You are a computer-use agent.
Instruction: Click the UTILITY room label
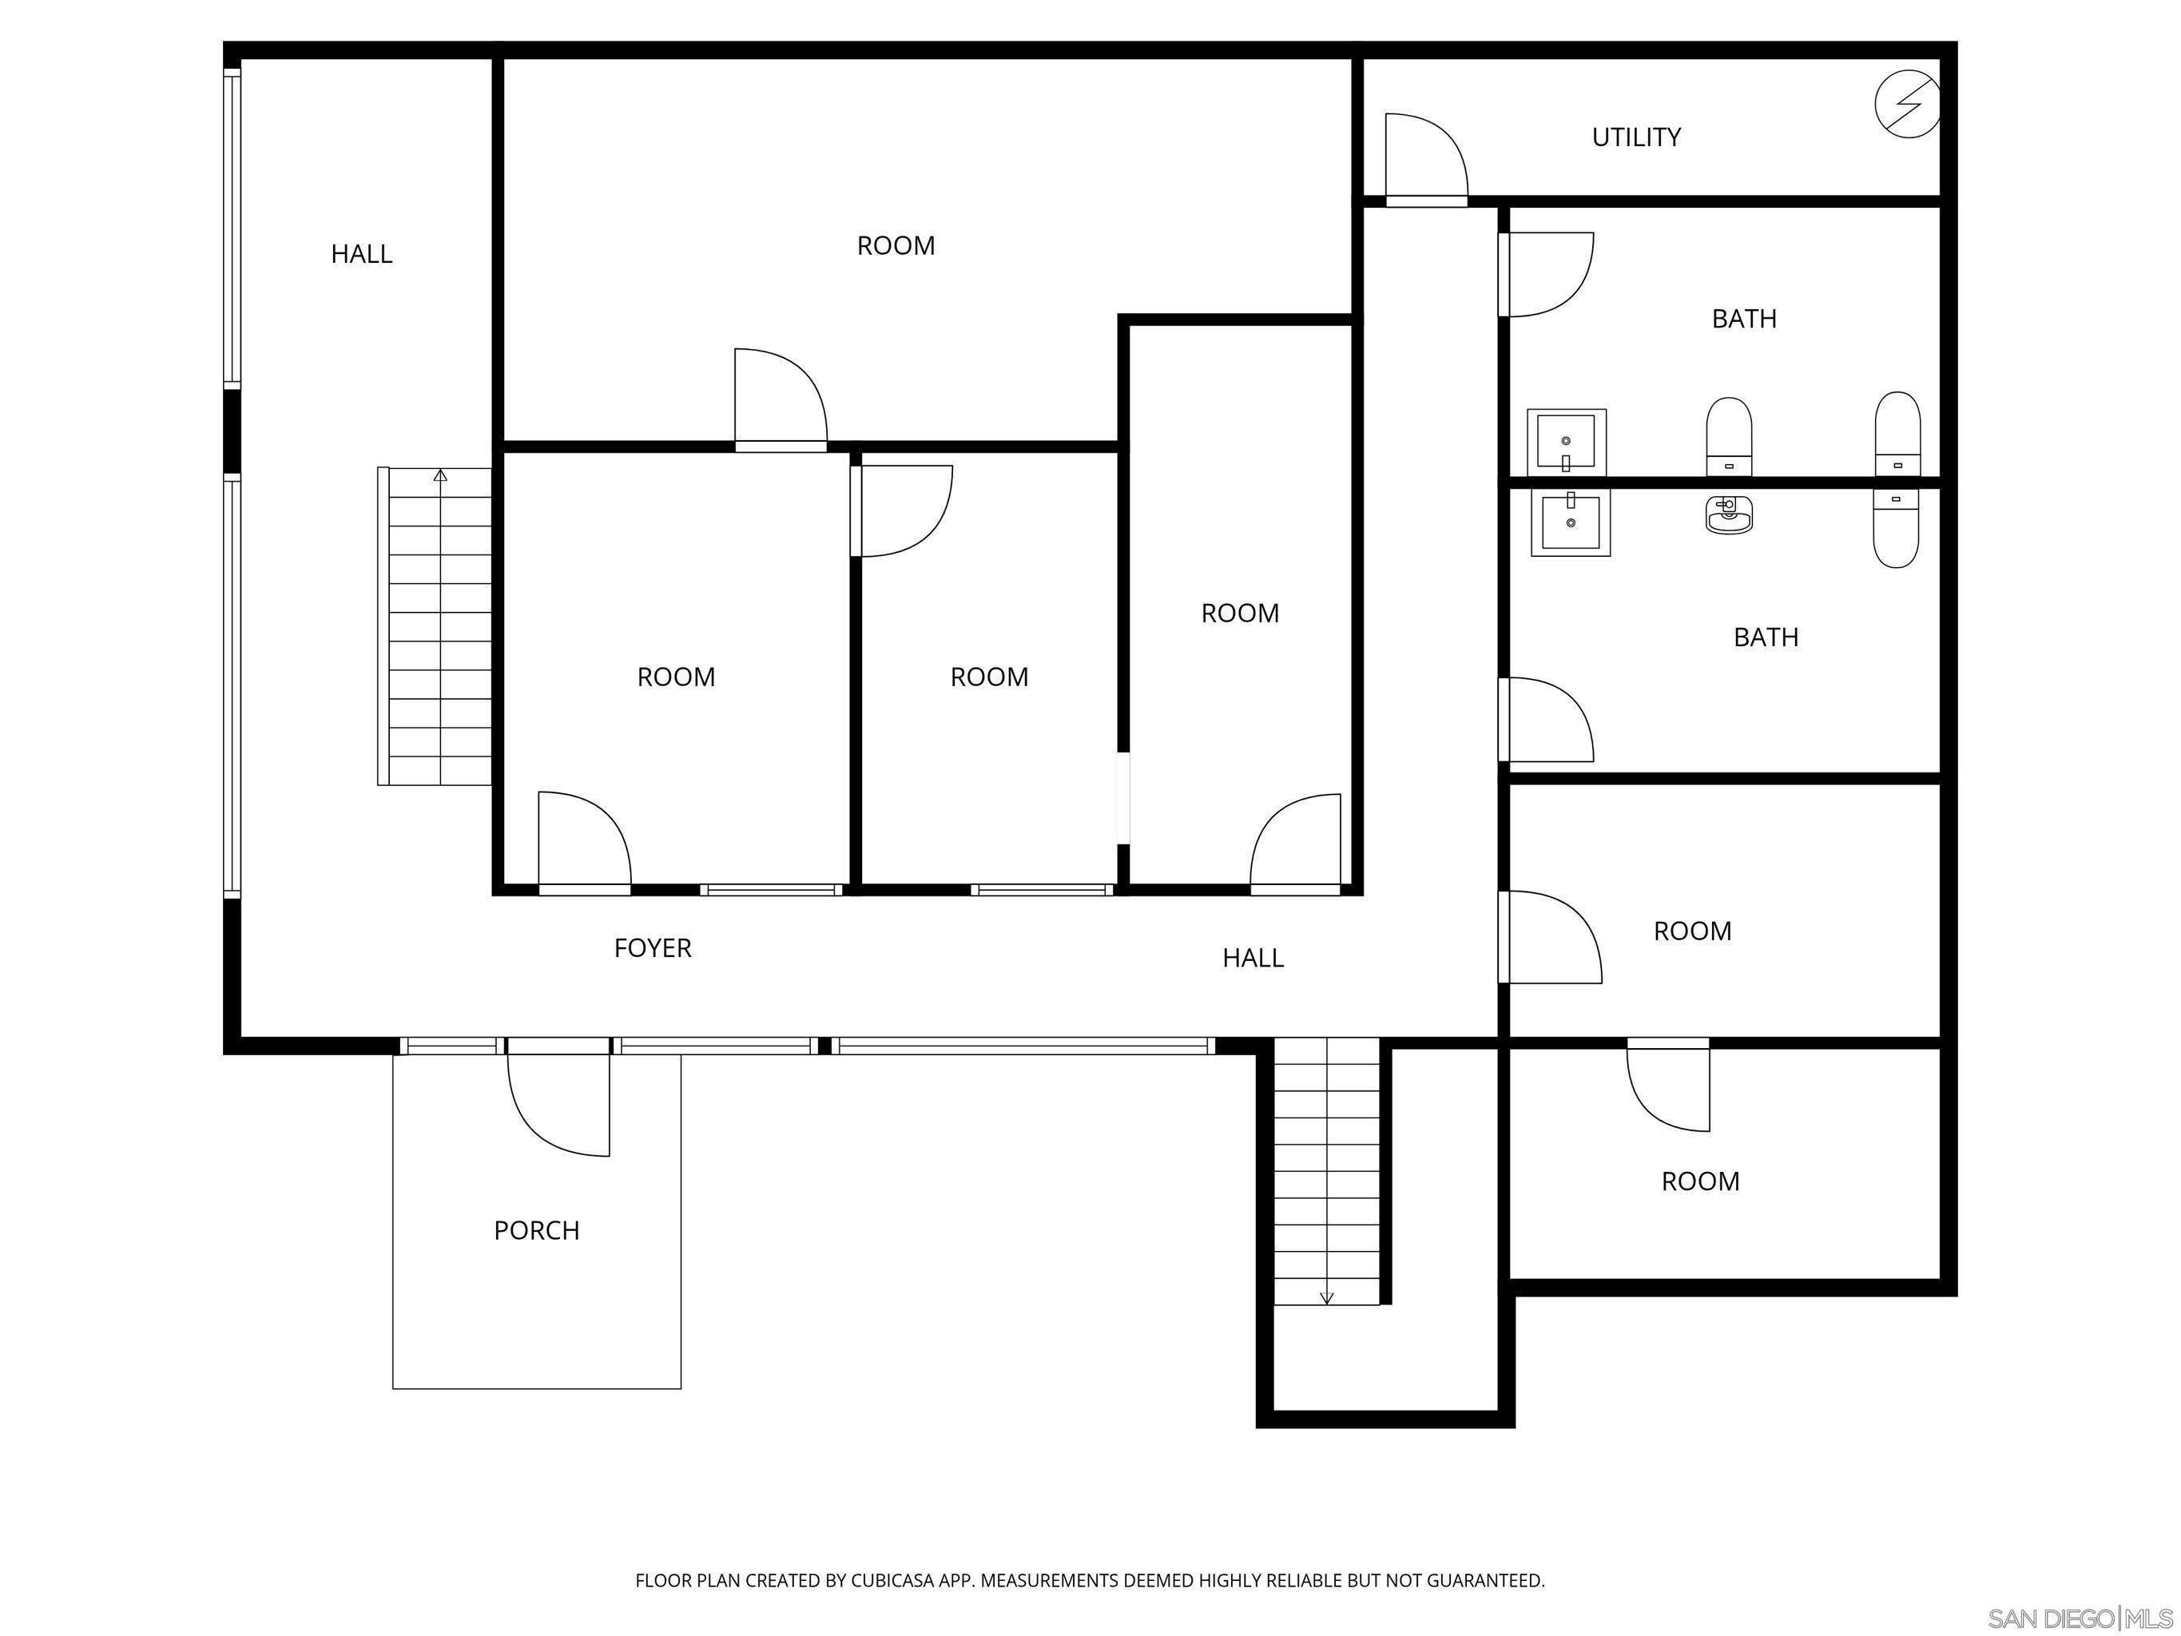(1636, 137)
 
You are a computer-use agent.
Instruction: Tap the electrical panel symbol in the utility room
(1907, 105)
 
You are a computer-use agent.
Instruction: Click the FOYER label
(653, 947)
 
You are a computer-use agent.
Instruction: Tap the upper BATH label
(1743, 319)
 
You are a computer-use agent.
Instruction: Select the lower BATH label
(1765, 637)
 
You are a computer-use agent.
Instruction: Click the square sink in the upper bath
(1566, 442)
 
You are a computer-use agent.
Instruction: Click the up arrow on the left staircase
(439, 476)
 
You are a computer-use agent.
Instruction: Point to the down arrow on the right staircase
(1326, 1298)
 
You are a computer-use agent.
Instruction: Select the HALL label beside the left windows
(361, 254)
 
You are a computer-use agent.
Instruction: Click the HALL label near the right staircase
(1252, 958)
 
